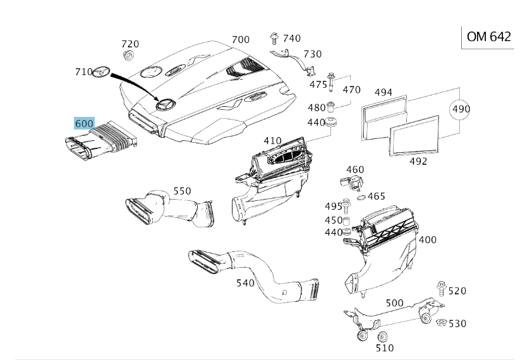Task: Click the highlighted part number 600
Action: click(x=84, y=123)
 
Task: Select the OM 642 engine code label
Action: click(x=489, y=37)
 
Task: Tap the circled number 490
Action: click(x=461, y=109)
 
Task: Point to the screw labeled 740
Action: click(x=274, y=39)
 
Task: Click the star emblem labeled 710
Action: click(x=101, y=72)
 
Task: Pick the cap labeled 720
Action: click(x=128, y=56)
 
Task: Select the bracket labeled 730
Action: click(x=294, y=62)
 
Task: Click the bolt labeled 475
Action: click(x=330, y=82)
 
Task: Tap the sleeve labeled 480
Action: click(x=330, y=107)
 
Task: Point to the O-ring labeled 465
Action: click(x=361, y=198)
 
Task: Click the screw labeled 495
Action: click(x=346, y=206)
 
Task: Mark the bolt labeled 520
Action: click(x=442, y=289)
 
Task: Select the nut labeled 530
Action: click(x=442, y=322)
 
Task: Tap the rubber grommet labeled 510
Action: click(x=383, y=337)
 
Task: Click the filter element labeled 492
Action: click(x=414, y=135)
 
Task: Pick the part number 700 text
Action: click(x=241, y=39)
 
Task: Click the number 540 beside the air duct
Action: click(x=245, y=283)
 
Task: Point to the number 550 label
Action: click(x=183, y=191)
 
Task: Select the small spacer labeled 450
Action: click(x=346, y=221)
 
